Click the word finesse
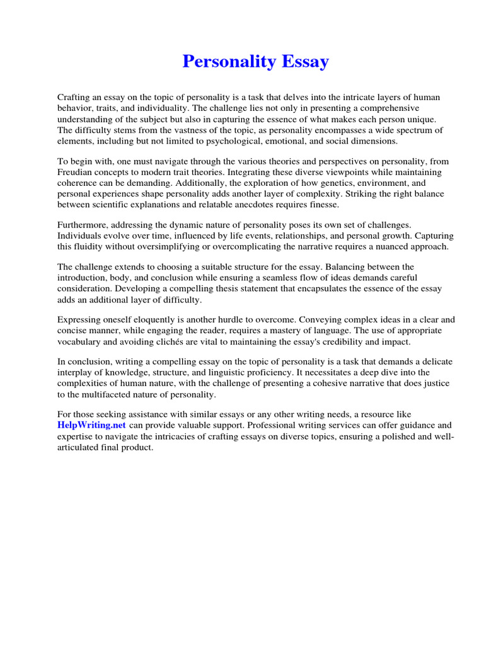324,205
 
